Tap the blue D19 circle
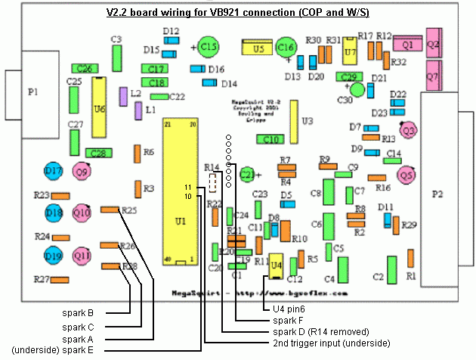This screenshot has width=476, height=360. [53, 256]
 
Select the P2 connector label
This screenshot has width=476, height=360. [437, 194]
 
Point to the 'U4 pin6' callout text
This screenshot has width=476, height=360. [289, 309]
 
